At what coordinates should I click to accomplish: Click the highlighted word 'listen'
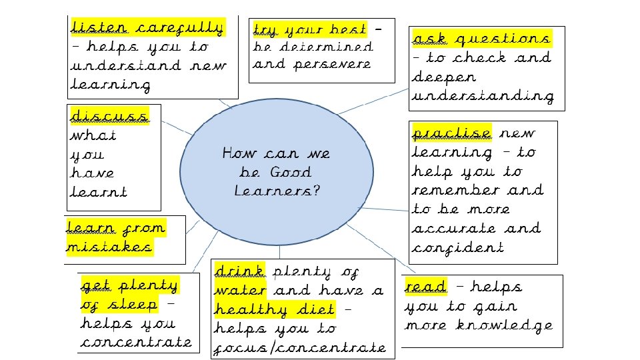(x=98, y=28)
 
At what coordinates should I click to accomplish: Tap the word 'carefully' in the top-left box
(x=179, y=28)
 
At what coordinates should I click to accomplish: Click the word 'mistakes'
(x=109, y=247)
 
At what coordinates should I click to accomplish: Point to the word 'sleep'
(x=134, y=305)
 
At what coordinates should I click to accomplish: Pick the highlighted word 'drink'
(x=239, y=271)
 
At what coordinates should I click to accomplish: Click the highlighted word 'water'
(x=240, y=291)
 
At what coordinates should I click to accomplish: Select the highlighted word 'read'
(x=425, y=287)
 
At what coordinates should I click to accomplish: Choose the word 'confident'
(x=457, y=247)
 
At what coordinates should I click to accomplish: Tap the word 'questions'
(x=503, y=39)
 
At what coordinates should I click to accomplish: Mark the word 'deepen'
(x=443, y=77)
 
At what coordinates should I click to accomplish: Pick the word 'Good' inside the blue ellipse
(x=291, y=172)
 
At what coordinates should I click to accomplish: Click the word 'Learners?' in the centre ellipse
(x=277, y=191)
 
